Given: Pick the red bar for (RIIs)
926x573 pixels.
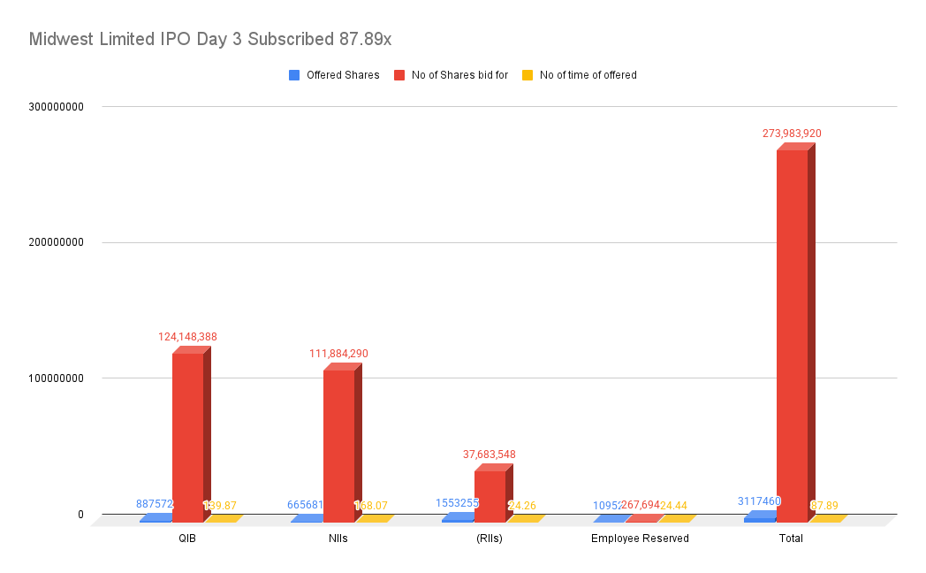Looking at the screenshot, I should (x=490, y=495).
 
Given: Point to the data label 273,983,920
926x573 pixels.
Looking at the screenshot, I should (x=792, y=134).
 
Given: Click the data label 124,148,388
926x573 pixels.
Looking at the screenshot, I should (x=187, y=337).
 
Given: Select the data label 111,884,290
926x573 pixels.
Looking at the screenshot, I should (x=338, y=354).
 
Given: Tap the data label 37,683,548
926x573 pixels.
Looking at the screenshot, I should (x=490, y=455).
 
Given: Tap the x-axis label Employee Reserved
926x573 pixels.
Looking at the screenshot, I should (x=640, y=539).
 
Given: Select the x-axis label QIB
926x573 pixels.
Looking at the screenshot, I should (x=186, y=539).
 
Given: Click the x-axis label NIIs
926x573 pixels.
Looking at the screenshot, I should (x=338, y=539).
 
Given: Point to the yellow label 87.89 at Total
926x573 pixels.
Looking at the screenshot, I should (x=824, y=506).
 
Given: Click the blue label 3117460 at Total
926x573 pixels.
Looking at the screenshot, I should (x=759, y=501).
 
